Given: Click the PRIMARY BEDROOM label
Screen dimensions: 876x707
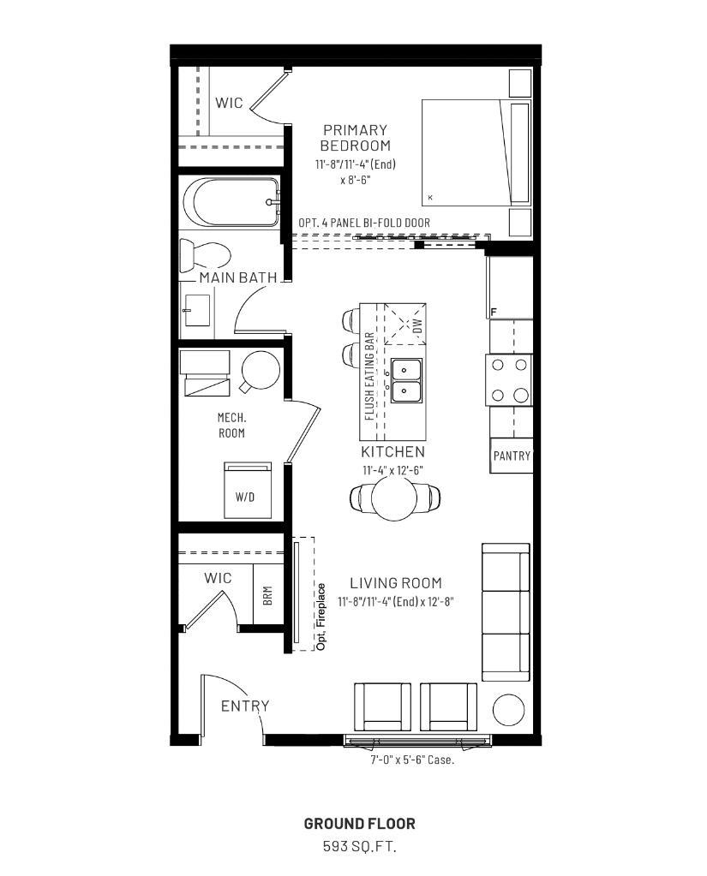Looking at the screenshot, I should (x=355, y=138).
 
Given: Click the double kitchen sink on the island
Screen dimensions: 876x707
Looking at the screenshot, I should (x=406, y=380).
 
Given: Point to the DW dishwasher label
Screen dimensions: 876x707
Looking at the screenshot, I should (x=417, y=325).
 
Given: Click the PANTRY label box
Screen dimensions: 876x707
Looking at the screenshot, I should (x=512, y=456).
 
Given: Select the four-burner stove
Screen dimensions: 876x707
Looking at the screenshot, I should (x=511, y=379).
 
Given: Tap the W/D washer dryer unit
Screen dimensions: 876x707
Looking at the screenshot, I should (x=247, y=491).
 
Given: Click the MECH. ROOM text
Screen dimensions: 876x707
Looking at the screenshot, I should (x=231, y=426).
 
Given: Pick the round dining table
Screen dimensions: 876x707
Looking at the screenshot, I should (x=397, y=499).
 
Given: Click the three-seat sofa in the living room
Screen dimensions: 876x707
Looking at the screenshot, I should (x=505, y=611).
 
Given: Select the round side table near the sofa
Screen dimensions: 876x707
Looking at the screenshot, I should (x=508, y=711).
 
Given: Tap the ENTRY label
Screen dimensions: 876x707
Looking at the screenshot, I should (x=245, y=706).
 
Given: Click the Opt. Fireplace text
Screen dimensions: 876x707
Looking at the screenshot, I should (x=321, y=617).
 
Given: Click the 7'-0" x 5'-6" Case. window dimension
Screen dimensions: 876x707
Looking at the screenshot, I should (x=412, y=760).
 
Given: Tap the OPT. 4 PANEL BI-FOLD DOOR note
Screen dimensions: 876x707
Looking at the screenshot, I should (x=364, y=223).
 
